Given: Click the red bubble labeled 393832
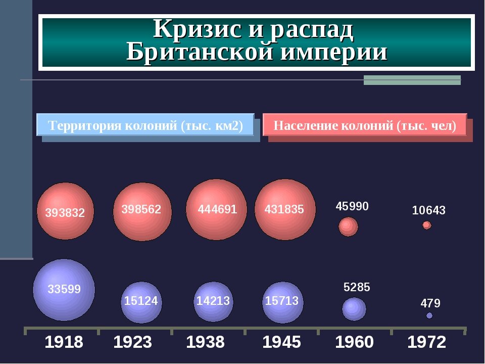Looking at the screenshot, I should (66, 211).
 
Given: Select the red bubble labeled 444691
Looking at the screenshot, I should (217, 209).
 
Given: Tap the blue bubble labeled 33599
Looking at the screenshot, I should (64, 290).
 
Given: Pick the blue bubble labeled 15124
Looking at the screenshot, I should (141, 302).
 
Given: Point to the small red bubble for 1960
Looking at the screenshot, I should (348, 226).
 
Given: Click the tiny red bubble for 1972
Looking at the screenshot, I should (427, 225).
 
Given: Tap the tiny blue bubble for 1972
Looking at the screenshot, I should (429, 315).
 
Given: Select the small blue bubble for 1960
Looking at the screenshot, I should (354, 309).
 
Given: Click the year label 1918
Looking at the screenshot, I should (64, 343).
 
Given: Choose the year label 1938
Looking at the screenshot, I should (205, 343).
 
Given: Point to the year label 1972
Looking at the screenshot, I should (427, 343).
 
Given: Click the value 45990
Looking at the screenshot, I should (352, 206).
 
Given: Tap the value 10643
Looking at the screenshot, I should (428, 210).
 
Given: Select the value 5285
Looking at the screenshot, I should (357, 288).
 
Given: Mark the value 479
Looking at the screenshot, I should (430, 303).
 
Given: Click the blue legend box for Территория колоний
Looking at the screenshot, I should (145, 125).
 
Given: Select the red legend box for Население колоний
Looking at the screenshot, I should (365, 125).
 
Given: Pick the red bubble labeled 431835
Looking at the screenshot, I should (285, 209).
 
